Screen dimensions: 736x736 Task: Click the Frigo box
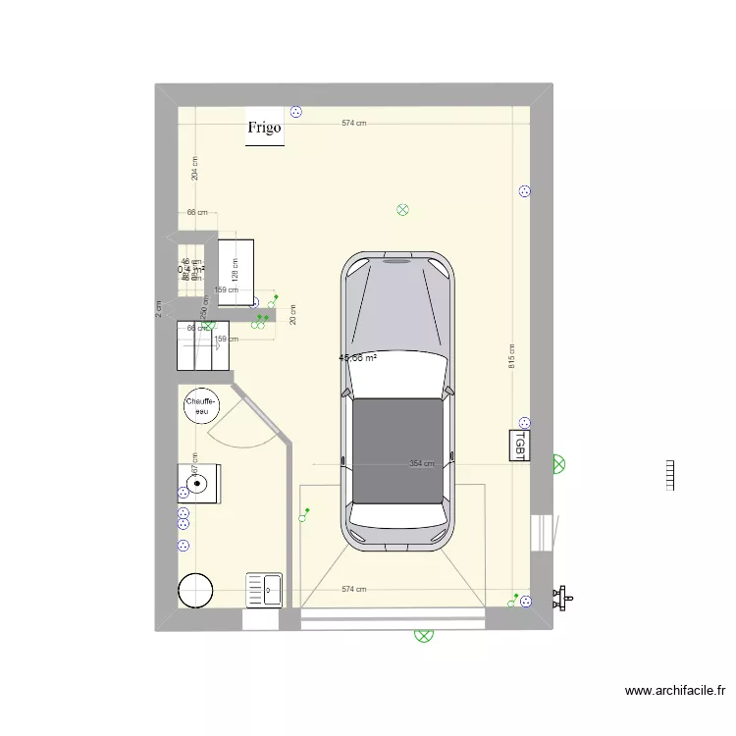pyautogui.click(x=264, y=128)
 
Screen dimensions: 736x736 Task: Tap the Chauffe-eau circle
pyautogui.click(x=200, y=405)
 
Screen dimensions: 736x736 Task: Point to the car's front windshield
pyautogui.click(x=397, y=370)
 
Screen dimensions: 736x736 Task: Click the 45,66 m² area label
pyautogui.click(x=358, y=358)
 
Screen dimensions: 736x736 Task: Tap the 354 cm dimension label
pyautogui.click(x=422, y=464)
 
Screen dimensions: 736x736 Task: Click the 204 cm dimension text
pyautogui.click(x=195, y=168)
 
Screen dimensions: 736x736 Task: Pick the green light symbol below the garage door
pyautogui.click(x=425, y=635)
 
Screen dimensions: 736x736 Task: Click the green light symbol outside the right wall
pyautogui.click(x=558, y=463)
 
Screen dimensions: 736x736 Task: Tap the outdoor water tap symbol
pyautogui.click(x=563, y=595)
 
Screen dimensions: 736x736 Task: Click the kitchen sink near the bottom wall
pyautogui.click(x=264, y=589)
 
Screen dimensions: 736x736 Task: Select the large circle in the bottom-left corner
pyautogui.click(x=195, y=589)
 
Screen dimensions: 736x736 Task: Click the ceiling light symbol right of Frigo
pyautogui.click(x=401, y=209)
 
